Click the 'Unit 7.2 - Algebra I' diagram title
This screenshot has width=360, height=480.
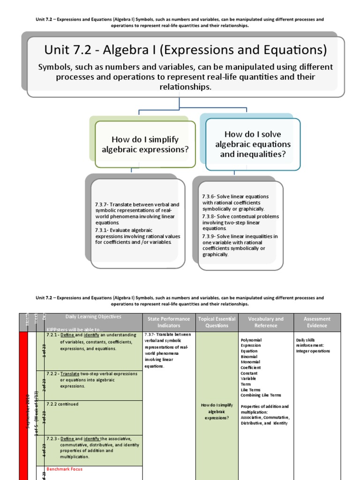(185, 50)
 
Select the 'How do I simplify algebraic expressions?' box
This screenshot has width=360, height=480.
(145, 144)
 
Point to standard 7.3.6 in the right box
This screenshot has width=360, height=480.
(235, 202)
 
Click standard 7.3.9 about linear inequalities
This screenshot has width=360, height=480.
(240, 245)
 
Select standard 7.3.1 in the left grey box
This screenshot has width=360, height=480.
(137, 236)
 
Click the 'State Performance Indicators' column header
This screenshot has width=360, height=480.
(168, 322)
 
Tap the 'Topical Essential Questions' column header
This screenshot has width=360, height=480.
(217, 322)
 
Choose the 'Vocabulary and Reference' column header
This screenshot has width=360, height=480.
(265, 322)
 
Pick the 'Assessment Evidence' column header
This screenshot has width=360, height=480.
(317, 322)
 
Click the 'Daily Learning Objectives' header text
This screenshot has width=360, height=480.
(87, 317)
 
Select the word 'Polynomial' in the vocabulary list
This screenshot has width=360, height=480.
(251, 340)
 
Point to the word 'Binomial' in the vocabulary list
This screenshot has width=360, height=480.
(249, 357)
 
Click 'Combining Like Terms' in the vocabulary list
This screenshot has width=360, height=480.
(261, 395)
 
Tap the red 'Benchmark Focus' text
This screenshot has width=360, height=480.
(65, 469)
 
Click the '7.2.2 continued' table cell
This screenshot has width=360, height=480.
(62, 404)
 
